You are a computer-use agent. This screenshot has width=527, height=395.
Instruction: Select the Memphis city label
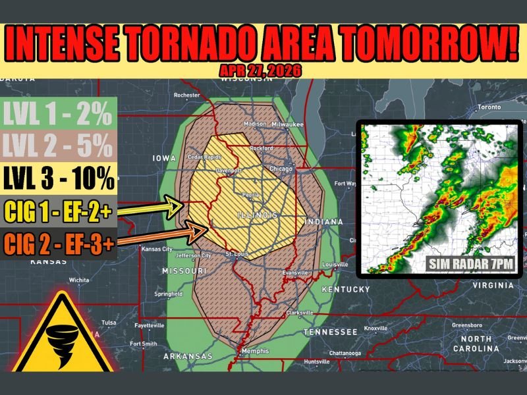(254, 351)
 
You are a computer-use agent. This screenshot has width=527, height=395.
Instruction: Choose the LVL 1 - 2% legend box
(59, 116)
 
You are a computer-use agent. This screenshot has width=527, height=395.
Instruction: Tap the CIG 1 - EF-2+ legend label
(59, 211)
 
